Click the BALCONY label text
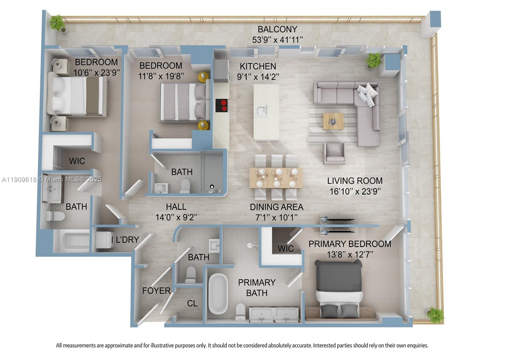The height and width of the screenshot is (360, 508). pyautogui.click(x=277, y=29)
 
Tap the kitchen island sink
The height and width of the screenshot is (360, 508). pyautogui.click(x=262, y=111)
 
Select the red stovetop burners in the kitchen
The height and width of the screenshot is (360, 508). pyautogui.click(x=222, y=105)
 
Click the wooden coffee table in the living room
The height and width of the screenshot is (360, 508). pyautogui.click(x=333, y=121)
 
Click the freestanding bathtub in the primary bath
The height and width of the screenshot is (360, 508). pyautogui.click(x=218, y=294)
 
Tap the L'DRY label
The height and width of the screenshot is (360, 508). pyautogui.click(x=127, y=240)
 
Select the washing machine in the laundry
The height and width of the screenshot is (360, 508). pyautogui.click(x=105, y=240)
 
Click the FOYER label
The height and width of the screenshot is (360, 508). pyautogui.click(x=156, y=291)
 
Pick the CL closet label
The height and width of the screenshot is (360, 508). pyautogui.click(x=192, y=303)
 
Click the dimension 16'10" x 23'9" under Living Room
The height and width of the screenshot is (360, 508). pyautogui.click(x=355, y=192)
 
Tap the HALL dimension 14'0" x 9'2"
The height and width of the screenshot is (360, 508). pyautogui.click(x=176, y=217)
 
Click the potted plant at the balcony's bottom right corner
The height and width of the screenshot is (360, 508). pyautogui.click(x=435, y=314)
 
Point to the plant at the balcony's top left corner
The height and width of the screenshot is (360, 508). pyautogui.click(x=57, y=23)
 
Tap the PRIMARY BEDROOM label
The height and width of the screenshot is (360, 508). pyautogui.click(x=350, y=244)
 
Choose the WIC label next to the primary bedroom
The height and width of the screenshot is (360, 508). pyautogui.click(x=285, y=248)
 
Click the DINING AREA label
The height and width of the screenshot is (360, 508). pyautogui.click(x=277, y=207)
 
